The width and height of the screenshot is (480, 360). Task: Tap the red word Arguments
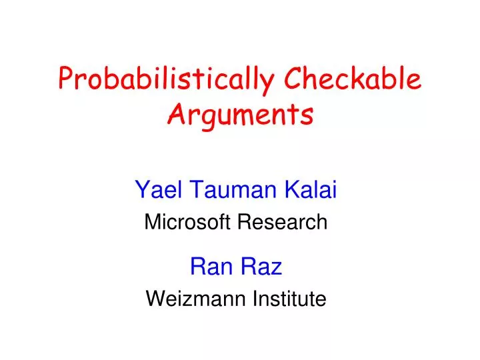(x=240, y=115)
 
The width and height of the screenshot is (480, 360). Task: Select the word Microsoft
(x=187, y=222)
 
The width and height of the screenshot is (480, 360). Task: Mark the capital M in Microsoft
(x=151, y=222)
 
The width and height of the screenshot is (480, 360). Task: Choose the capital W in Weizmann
(x=153, y=299)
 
